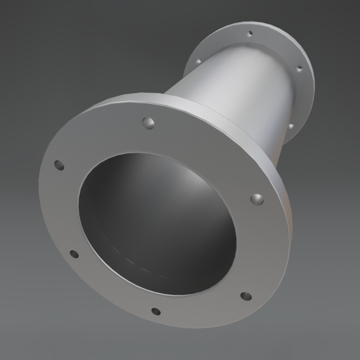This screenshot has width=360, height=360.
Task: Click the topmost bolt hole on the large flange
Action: pyautogui.click(x=148, y=122)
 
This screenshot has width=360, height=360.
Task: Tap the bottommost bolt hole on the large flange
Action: pyautogui.click(x=155, y=311)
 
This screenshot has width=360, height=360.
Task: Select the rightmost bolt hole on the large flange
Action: pyautogui.click(x=256, y=199)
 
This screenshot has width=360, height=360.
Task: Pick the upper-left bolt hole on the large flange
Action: pyautogui.click(x=58, y=165)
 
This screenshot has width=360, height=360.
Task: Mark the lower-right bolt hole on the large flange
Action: pyautogui.click(x=246, y=296)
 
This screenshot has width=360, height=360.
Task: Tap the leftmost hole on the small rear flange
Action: pyautogui.click(x=198, y=61)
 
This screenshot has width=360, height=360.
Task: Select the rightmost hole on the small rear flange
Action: pyautogui.click(x=300, y=68)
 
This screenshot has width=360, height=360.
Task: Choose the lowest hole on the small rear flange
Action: pyautogui.click(x=291, y=126)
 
